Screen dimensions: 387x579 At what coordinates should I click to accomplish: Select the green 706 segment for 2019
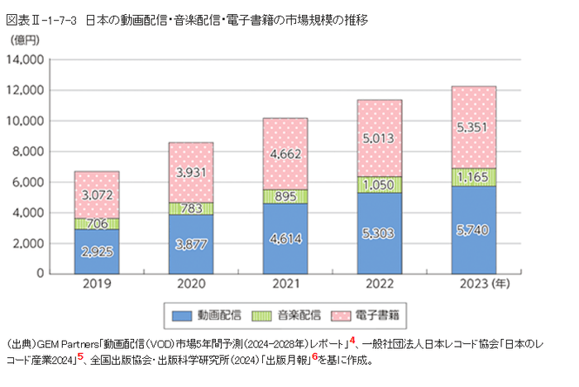(x=97, y=223)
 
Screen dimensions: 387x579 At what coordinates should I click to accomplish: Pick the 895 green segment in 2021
(x=285, y=196)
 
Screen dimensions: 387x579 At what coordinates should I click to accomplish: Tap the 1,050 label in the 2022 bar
(x=380, y=184)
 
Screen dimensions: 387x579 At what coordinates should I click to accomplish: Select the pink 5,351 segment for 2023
(x=474, y=128)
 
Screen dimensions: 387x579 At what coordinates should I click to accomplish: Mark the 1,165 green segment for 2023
(x=474, y=177)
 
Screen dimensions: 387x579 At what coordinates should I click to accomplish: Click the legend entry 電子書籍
(x=379, y=315)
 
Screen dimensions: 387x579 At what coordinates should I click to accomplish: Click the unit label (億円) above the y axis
(x=24, y=40)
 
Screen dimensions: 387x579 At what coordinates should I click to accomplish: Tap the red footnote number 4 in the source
(x=352, y=339)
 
